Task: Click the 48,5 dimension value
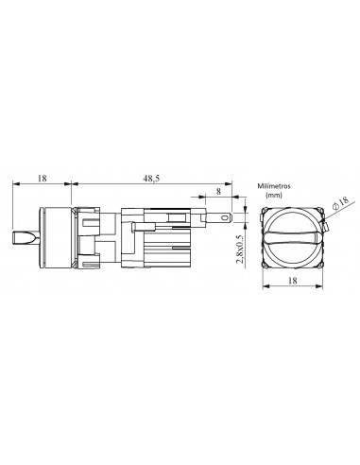151,179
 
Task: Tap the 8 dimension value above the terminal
218,191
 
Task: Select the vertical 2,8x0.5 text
241,250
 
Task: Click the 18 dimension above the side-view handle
42,179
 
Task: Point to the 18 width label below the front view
293,281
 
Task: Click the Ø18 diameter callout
341,202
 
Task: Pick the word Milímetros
274,186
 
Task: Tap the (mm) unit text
274,195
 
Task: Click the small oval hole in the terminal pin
225,218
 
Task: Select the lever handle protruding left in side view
26,238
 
